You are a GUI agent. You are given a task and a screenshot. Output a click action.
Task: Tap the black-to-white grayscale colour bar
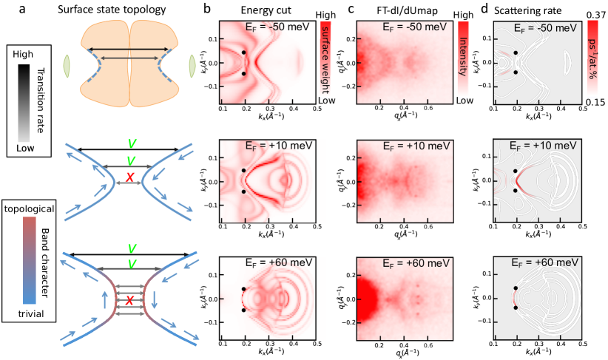[24, 103]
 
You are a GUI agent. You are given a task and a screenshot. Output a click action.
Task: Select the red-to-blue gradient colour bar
[30, 260]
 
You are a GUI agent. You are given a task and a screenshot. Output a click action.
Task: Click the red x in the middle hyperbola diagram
[130, 177]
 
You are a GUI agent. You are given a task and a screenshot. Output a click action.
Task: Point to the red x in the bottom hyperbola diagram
[130, 299]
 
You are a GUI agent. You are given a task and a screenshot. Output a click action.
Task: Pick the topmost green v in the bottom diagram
[131, 248]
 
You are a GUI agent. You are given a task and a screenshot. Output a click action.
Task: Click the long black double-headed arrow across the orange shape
[130, 50]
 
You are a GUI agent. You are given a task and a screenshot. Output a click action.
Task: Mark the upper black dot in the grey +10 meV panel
[516, 171]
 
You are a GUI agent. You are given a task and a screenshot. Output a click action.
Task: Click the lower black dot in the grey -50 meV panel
[516, 72]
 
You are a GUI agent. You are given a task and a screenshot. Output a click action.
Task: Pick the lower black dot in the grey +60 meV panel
[516, 310]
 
